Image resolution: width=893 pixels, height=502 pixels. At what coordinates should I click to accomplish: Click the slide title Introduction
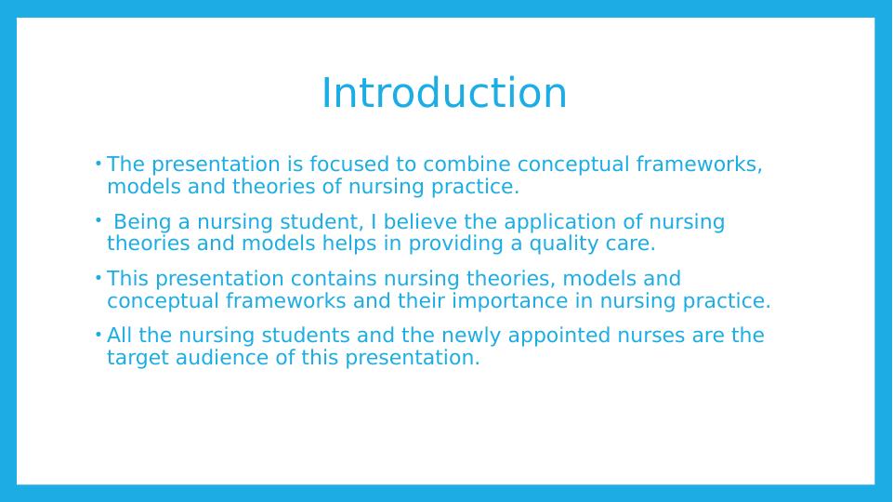(x=444, y=93)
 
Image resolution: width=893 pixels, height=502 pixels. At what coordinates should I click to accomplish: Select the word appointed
(x=559, y=335)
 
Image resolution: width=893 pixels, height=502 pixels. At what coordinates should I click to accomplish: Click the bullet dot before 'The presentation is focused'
(x=98, y=165)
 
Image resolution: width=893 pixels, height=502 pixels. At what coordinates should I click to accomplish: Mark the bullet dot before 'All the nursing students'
(x=98, y=335)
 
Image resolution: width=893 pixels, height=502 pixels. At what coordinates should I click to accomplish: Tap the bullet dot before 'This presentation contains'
(x=98, y=279)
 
